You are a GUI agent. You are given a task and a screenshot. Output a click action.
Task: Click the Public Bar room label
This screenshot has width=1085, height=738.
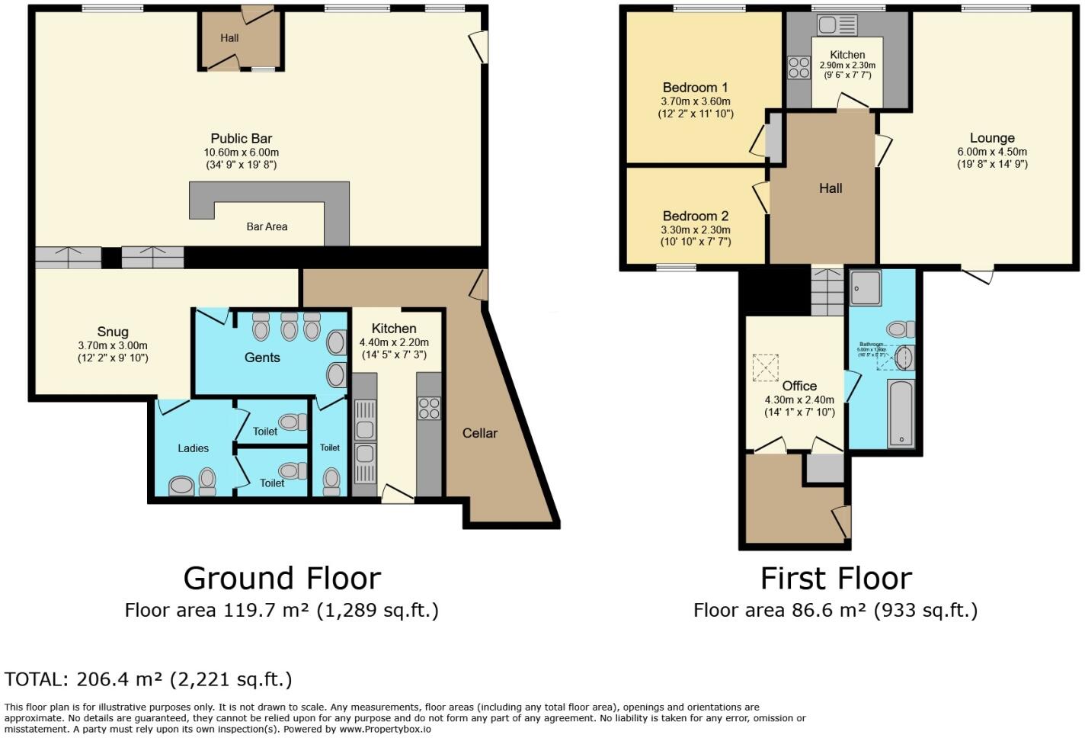tap(241, 139)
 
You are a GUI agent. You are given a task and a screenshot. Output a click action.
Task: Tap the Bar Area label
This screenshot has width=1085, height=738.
tap(267, 226)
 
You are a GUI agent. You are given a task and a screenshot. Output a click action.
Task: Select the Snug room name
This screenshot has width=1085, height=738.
tap(113, 332)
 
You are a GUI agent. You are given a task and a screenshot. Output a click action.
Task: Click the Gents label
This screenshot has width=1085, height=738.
tap(262, 358)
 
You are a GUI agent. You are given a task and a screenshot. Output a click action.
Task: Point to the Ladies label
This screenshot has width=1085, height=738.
tap(193, 448)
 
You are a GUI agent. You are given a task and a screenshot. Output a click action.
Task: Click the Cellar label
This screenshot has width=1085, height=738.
tap(480, 433)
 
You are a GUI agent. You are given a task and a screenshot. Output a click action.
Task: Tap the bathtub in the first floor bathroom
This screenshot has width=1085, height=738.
tap(901, 414)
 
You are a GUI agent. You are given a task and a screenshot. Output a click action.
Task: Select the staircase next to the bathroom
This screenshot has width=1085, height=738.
tap(827, 293)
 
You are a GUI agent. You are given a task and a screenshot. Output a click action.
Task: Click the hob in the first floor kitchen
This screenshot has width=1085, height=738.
tap(799, 68)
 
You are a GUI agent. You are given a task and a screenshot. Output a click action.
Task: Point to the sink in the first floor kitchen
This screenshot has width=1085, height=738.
tap(837, 25)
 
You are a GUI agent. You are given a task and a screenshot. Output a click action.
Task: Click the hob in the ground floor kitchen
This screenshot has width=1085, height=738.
tap(429, 409)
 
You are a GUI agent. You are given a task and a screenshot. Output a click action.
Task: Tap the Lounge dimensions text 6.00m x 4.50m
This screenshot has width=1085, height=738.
tap(992, 152)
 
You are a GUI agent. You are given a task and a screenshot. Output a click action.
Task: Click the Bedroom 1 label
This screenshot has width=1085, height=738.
tap(695, 88)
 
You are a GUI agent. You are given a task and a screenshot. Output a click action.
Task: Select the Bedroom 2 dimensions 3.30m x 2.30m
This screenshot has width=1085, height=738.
tap(695, 230)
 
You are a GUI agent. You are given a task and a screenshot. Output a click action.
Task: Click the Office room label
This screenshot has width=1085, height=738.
tap(799, 386)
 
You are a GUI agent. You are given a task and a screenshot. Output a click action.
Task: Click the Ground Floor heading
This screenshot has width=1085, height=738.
tap(282, 579)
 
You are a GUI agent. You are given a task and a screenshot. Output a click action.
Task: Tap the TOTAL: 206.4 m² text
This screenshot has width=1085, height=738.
tap(148, 679)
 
